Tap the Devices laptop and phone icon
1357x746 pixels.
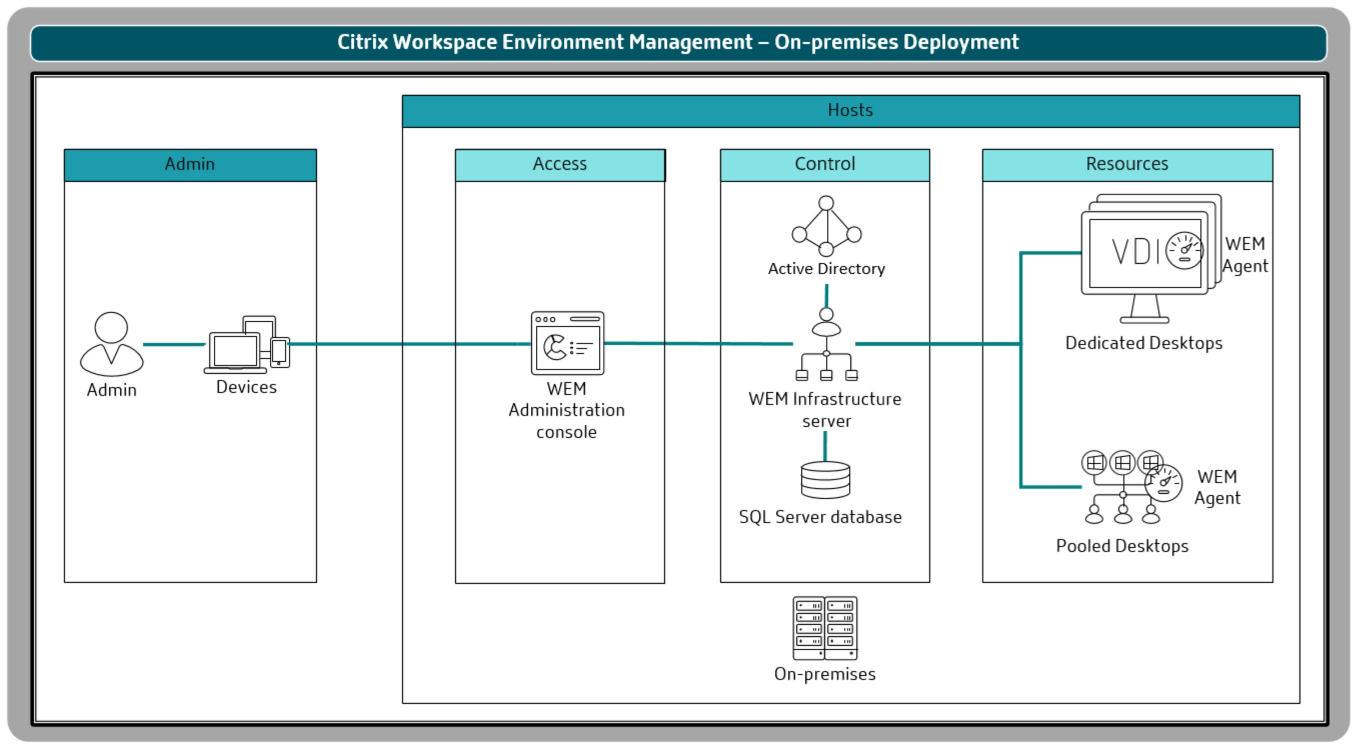coord(247,345)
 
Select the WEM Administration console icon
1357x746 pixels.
coord(567,342)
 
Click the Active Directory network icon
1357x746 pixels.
coord(826,226)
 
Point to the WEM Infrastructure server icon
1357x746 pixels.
coord(826,345)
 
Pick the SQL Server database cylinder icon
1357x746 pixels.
coord(825,479)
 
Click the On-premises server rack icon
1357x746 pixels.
coord(825,627)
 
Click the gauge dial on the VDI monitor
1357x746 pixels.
coord(1184,250)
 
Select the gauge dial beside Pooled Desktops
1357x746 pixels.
coord(1163,483)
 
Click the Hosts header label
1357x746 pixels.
coord(850,110)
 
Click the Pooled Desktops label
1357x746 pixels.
coord(1122,546)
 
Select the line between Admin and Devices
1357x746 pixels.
coord(174,344)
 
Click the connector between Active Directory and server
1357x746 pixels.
coord(826,296)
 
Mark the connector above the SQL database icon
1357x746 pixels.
coord(825,446)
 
